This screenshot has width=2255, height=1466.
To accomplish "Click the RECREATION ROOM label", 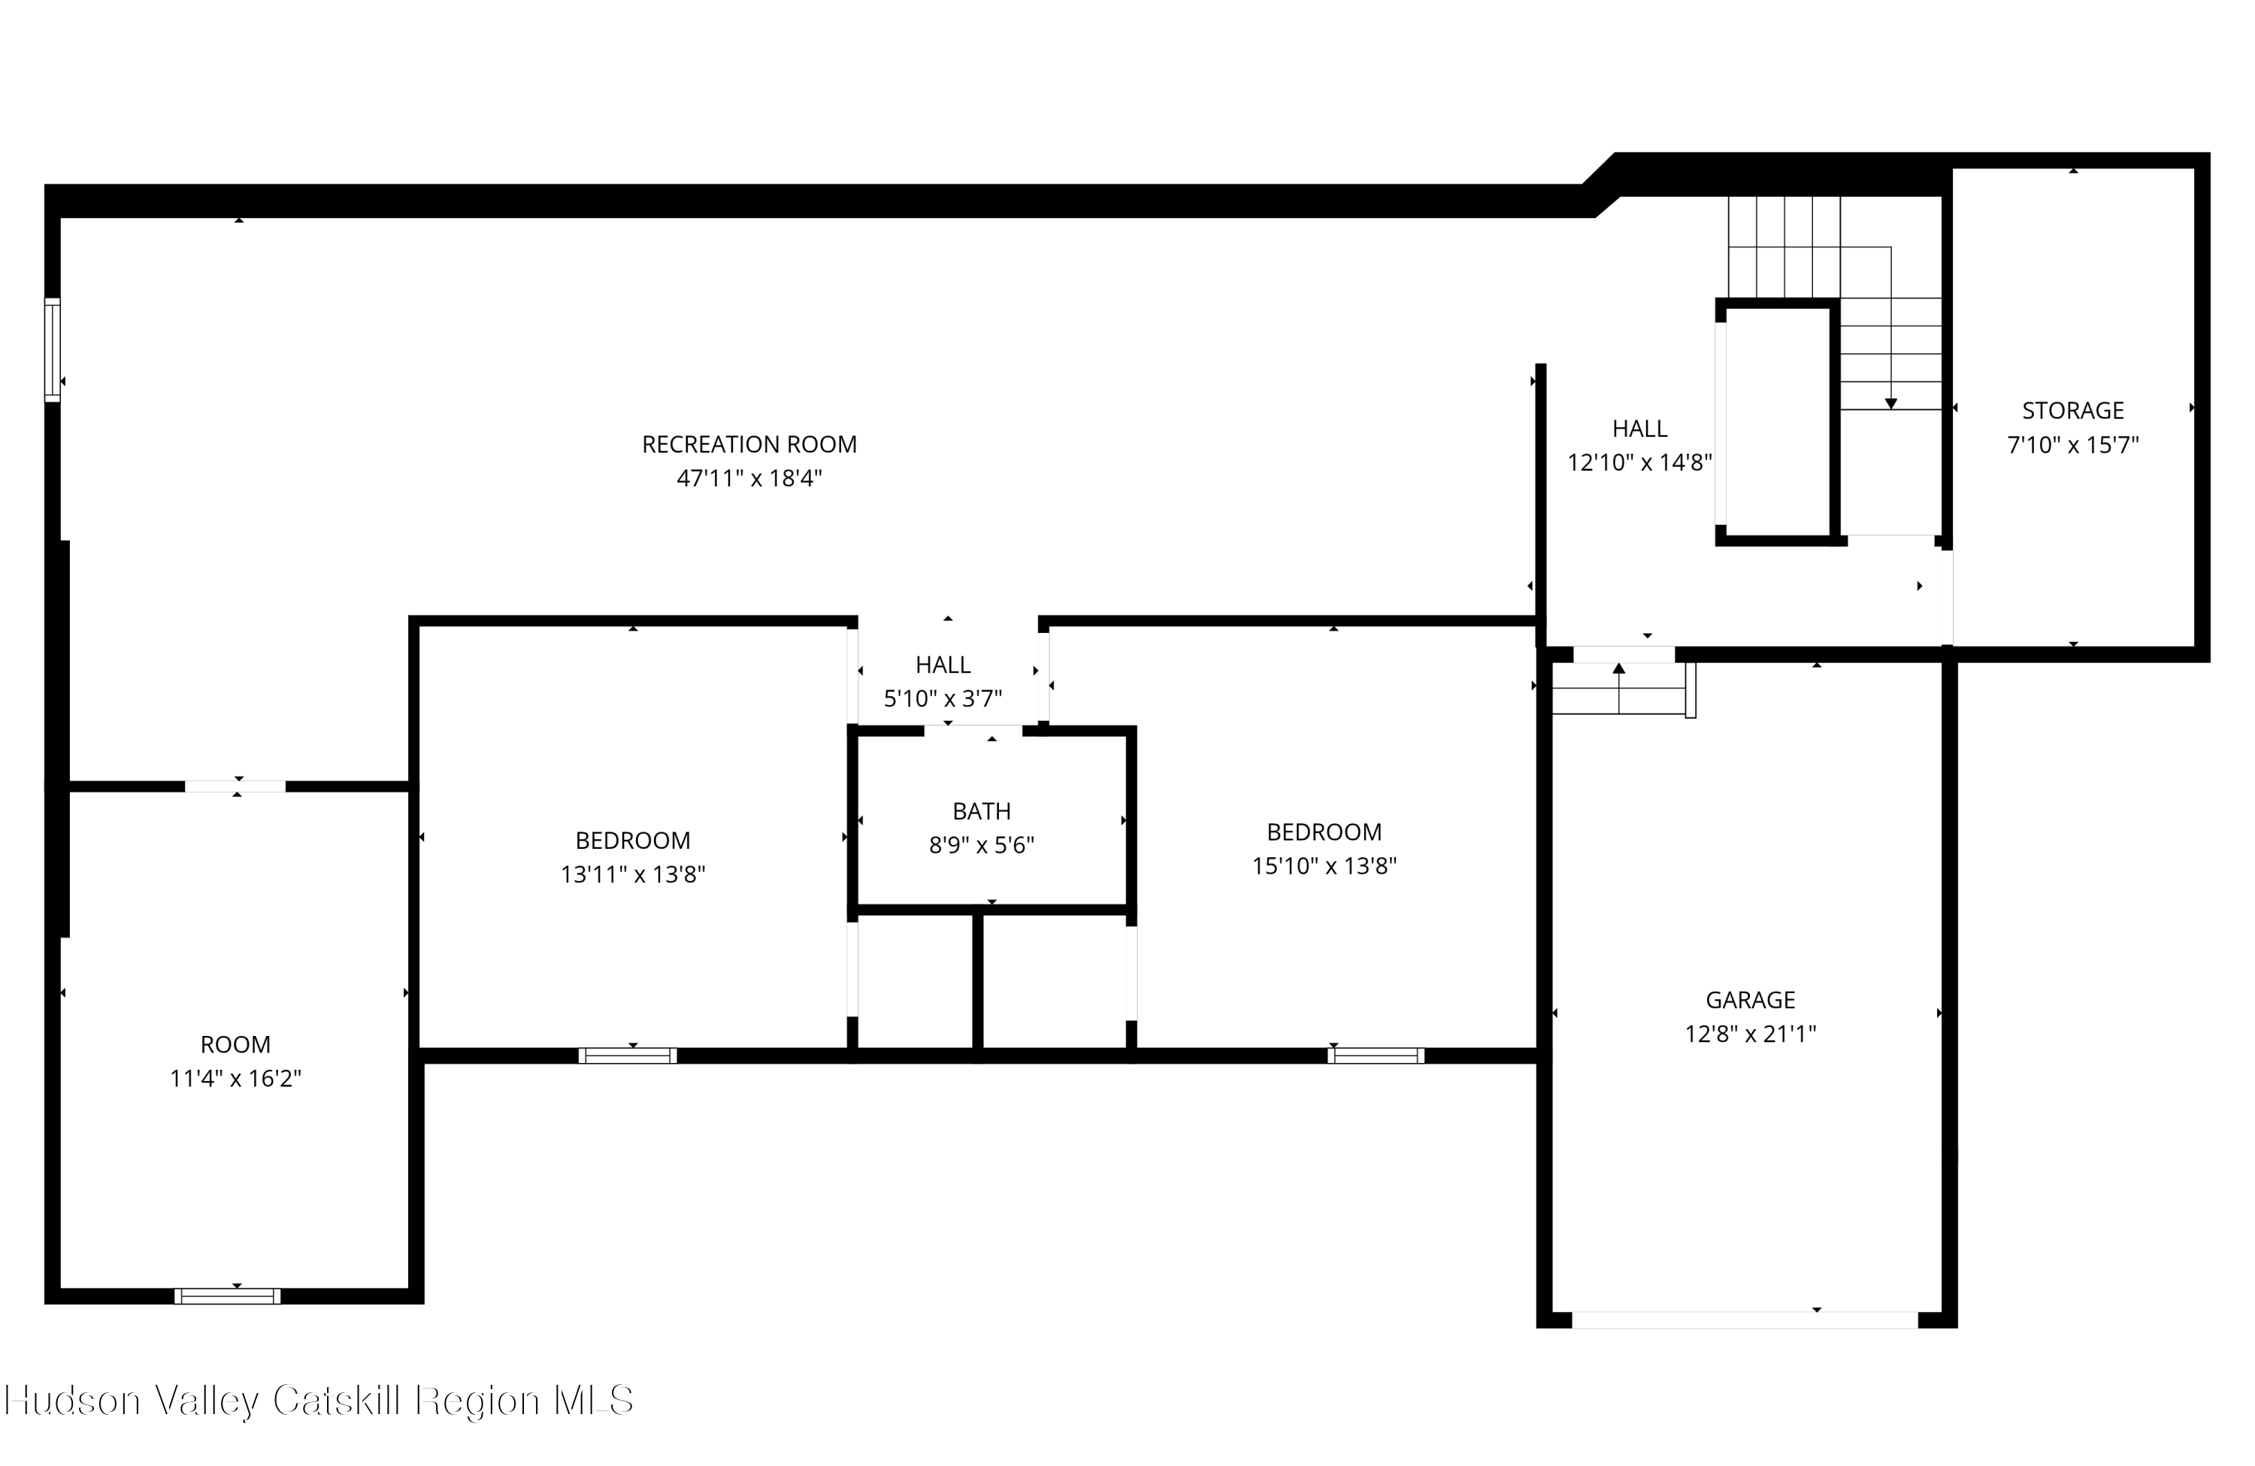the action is pos(749,444).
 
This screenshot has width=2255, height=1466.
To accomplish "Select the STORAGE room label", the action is pos(2073,410).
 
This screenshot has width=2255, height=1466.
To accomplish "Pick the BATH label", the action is pos(982,811).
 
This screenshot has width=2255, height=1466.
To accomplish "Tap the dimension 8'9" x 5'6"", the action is pos(982,844).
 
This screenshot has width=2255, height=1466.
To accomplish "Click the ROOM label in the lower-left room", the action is pos(235,1044).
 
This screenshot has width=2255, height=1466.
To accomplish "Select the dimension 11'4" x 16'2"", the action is pos(235,1078).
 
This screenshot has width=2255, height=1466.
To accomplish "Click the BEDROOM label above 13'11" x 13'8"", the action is pos(633,841).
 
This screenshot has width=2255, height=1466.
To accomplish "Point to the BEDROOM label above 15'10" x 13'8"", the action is pos(1324,832).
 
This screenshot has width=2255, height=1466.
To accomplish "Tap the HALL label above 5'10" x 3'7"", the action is pos(943,665).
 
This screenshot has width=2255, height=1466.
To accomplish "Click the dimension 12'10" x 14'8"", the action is pos(1639,462).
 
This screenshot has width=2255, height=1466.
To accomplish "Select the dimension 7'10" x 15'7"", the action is pos(2073,444).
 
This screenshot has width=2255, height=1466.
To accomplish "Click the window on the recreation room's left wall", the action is pos(52,350).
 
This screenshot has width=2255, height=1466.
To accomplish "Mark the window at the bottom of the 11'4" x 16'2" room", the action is pos(228,1296).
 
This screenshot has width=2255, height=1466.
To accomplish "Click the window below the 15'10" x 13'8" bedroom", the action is pos(1376,1056).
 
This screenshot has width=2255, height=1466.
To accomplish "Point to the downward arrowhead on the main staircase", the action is pos(1891,404).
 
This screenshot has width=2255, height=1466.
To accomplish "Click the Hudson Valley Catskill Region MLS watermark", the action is pos(319,1401).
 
